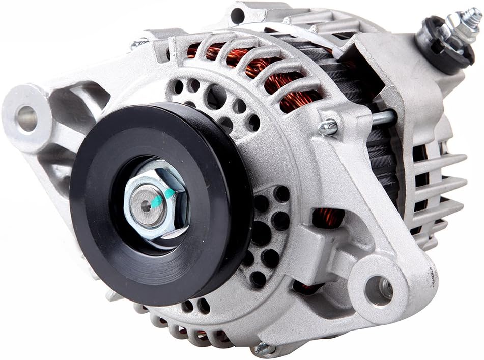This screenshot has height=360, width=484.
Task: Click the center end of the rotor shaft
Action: point(147,205)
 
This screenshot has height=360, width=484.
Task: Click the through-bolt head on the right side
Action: point(328,127)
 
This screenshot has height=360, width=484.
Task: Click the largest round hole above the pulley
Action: point(216,97)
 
